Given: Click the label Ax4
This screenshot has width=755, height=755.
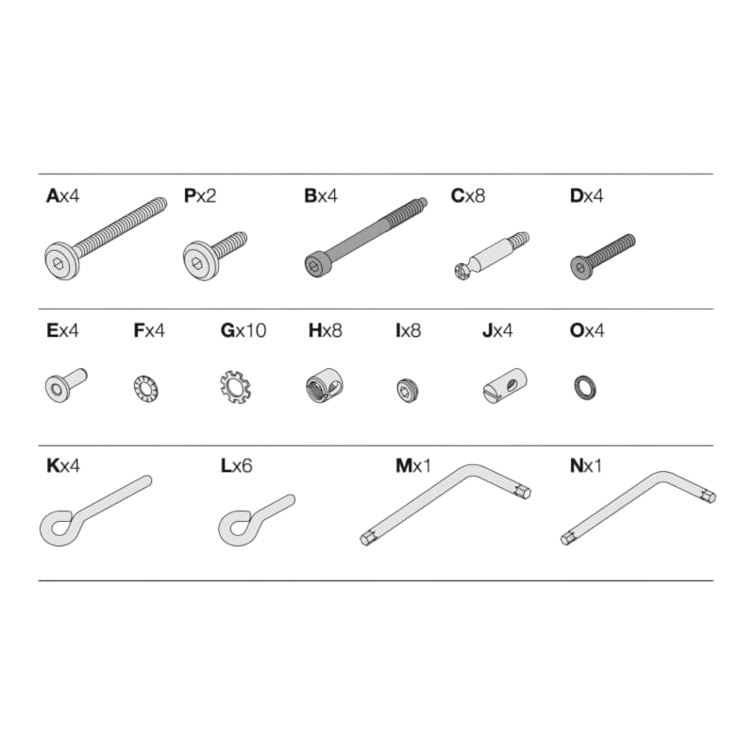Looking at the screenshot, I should [x=62, y=198].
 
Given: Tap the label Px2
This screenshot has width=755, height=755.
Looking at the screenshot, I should [x=199, y=198].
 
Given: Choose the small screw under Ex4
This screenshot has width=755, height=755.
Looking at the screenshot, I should [x=62, y=385].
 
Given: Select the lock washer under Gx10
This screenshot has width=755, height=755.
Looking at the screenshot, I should [x=231, y=387].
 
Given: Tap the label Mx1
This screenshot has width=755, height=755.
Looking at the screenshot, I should [x=412, y=465].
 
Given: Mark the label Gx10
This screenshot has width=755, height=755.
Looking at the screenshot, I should [x=243, y=330].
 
